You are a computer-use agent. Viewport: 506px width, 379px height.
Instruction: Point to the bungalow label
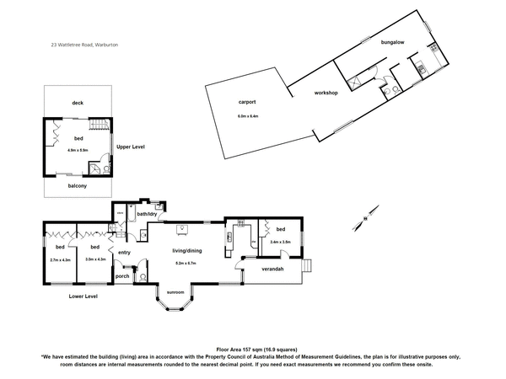coord(393,41)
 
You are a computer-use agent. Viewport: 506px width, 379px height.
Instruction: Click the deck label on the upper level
coord(78,102)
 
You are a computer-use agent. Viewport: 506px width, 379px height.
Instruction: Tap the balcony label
coord(78,185)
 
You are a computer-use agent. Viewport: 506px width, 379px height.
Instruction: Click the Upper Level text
coord(131,147)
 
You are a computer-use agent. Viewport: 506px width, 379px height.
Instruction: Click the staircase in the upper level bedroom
coord(100,126)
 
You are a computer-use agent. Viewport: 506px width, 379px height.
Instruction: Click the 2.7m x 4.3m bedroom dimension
coord(61,259)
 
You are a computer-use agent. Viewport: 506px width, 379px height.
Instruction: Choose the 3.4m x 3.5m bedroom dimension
coord(280,242)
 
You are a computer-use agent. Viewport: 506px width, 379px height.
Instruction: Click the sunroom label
coord(175,292)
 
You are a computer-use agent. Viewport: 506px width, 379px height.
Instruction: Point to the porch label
coord(122,275)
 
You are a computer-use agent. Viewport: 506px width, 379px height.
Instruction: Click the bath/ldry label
coord(147,213)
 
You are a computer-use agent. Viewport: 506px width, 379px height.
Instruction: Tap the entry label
coord(124,252)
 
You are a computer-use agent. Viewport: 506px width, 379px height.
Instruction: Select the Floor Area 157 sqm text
coord(252,348)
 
